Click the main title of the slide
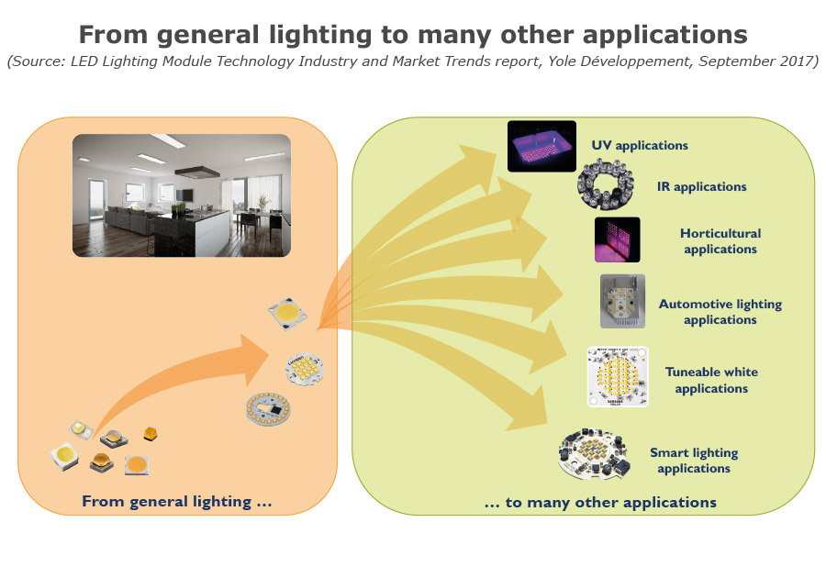(412, 35)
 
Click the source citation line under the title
(412, 62)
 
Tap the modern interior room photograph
(182, 195)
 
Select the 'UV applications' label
(640, 145)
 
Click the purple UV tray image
(541, 146)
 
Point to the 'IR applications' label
(702, 187)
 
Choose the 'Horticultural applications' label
(720, 241)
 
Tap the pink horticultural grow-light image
(617, 240)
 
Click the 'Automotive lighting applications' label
(720, 312)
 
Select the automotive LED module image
(622, 301)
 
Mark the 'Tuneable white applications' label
(711, 380)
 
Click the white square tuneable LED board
(618, 377)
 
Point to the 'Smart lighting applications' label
(694, 461)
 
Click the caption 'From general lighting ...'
(176, 501)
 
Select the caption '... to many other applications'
(600, 502)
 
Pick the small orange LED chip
(151, 433)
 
